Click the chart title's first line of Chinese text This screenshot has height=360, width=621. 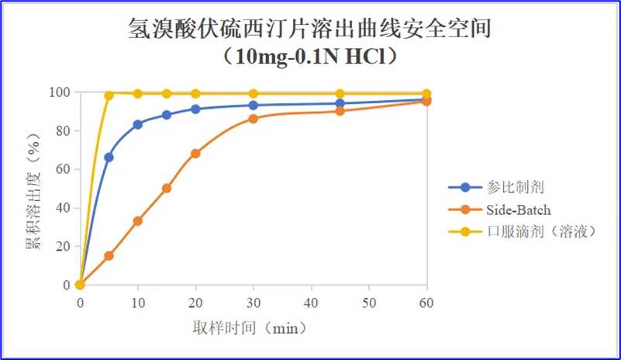point(310,29)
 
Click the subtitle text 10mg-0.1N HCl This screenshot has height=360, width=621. point(310,57)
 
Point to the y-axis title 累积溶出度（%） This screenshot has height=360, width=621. point(33,189)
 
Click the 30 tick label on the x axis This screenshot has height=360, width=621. point(253,301)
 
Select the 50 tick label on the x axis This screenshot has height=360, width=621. point(369,301)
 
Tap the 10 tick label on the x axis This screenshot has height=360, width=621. point(138,301)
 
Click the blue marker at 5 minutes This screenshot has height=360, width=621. point(109,157)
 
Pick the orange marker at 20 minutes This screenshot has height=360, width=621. point(195,154)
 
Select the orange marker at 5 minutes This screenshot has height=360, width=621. point(109,256)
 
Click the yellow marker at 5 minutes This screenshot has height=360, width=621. point(109,95)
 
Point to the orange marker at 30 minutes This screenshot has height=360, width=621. point(254,119)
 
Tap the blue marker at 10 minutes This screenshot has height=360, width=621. point(138,124)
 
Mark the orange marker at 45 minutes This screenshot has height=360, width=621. point(340,111)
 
